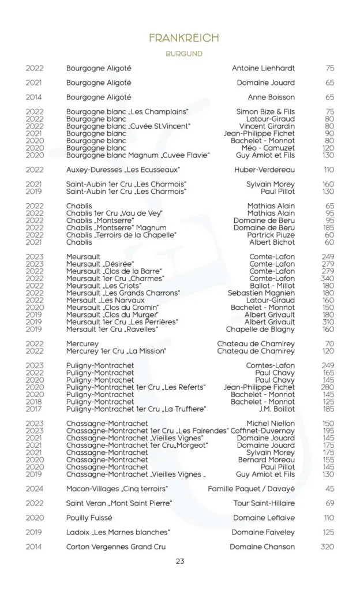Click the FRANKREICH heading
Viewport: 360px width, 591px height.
[x=183, y=38]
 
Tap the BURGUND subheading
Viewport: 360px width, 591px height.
[x=183, y=54]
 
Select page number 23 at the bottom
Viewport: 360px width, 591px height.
[x=180, y=561]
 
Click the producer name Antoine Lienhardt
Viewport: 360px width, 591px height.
[x=263, y=68]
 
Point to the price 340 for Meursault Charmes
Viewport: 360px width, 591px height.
[x=328, y=278]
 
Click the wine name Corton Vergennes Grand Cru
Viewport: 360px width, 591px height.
[x=117, y=547]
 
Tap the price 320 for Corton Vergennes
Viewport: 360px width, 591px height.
[x=327, y=547]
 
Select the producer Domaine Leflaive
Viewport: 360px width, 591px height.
[x=264, y=518]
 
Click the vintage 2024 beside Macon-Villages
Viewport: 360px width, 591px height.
[x=35, y=489]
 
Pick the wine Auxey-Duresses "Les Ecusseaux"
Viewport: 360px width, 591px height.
[x=123, y=170]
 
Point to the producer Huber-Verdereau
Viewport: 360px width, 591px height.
[x=264, y=170]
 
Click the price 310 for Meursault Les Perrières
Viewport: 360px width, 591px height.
[x=328, y=322]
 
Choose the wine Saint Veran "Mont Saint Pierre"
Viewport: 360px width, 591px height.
[x=119, y=503]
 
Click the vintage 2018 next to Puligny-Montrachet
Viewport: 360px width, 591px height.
[x=35, y=402]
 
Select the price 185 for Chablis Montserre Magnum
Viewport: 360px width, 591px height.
[x=328, y=228]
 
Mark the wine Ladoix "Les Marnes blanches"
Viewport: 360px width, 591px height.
[x=118, y=532]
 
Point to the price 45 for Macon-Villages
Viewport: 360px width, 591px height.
[x=329, y=489]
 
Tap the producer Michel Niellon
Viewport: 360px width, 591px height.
[x=271, y=424]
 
